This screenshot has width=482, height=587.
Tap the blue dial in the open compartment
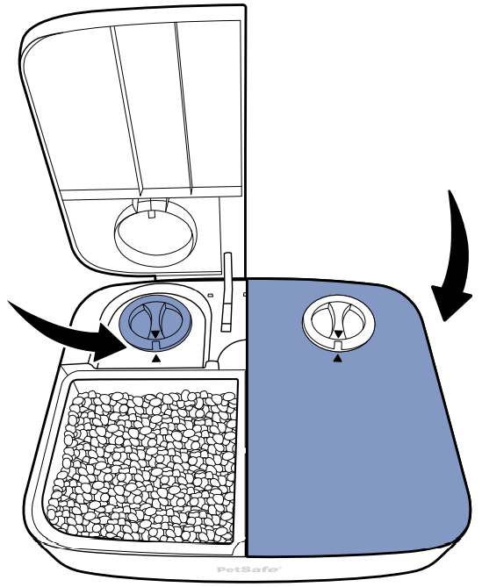pos(155,323)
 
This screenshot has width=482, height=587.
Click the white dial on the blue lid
pos(339,322)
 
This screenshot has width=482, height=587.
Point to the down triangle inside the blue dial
pos(155,334)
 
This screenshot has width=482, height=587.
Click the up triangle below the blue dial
pos(156,359)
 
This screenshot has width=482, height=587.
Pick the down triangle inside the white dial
pos(338,334)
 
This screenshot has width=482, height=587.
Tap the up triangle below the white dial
pos(338,359)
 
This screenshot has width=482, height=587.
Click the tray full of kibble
pos(144,461)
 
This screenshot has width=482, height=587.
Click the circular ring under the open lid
pos(155,233)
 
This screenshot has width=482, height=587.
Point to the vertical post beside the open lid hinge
pos(227,292)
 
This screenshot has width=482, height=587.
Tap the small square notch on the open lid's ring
pos(151,214)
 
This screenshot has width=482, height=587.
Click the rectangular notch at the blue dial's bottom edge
pos(156,345)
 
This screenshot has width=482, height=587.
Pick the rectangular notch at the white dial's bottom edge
pos(338,345)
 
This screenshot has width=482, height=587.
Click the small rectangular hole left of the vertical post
pos(211,295)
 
